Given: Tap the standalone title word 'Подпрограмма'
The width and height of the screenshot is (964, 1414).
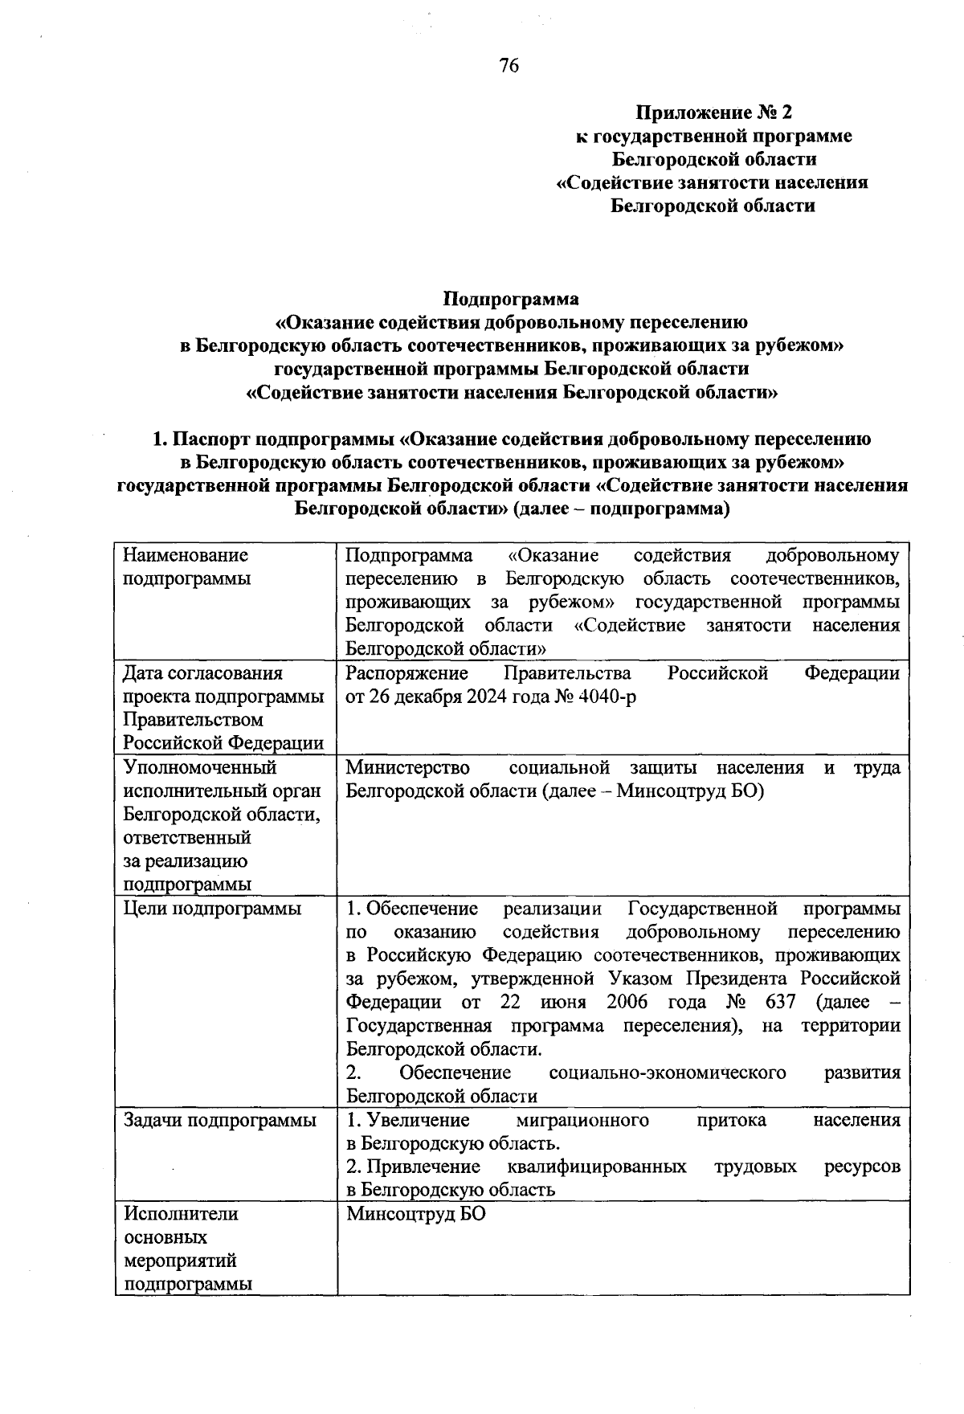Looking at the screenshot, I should [511, 299].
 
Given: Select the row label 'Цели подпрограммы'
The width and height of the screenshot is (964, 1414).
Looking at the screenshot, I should [212, 909].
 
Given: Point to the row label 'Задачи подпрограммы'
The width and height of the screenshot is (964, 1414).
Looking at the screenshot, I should [219, 1120].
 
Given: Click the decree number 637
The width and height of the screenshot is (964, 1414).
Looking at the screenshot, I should [780, 1002].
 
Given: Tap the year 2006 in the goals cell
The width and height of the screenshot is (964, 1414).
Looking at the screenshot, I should [627, 1002].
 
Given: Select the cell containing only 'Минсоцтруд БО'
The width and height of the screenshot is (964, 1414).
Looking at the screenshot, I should [416, 1214].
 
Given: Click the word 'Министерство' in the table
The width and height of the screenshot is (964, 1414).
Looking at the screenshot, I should [407, 767].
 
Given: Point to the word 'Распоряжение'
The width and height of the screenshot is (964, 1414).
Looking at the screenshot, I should [407, 673].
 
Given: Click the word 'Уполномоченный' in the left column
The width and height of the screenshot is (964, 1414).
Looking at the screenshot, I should [199, 767].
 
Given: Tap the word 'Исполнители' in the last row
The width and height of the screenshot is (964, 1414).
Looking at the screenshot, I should [180, 1214].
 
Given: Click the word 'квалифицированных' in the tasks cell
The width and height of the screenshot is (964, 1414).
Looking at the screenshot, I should [597, 1167].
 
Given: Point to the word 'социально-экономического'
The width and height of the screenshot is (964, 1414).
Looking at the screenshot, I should [667, 1073].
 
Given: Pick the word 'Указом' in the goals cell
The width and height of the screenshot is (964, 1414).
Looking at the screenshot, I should [642, 979].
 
